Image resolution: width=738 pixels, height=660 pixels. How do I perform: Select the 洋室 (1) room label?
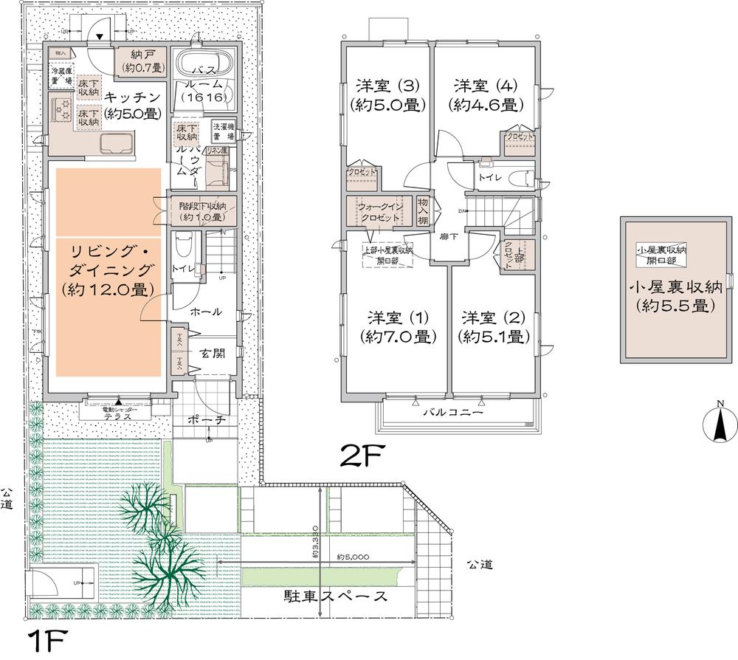click(396, 327)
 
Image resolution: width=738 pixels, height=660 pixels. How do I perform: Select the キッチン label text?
click(132, 105)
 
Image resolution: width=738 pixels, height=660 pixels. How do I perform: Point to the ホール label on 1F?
click(206, 312)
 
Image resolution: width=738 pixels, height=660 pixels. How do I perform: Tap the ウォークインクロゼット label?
click(380, 213)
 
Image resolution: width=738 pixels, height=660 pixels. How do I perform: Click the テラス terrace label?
click(117, 416)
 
